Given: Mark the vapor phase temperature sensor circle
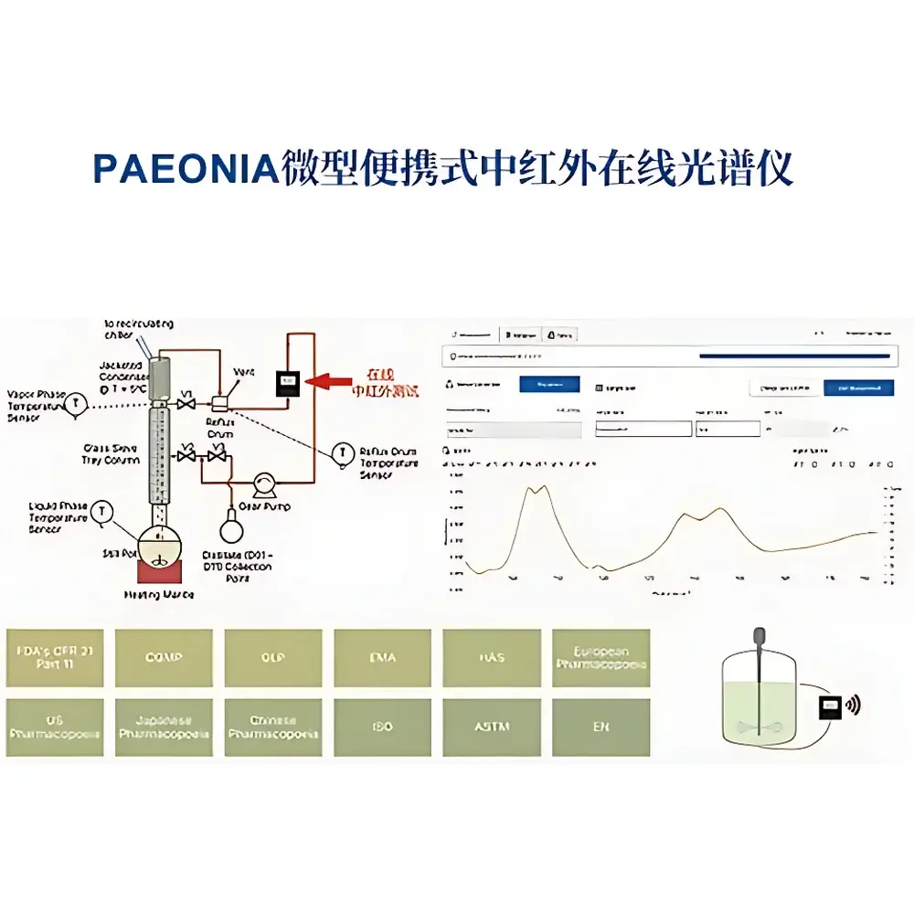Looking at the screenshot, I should pos(79,401).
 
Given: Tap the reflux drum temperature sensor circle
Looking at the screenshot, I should pos(344,452).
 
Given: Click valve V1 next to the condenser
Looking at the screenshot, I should pos(186,403).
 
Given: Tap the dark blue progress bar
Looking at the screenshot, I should pos(793,356).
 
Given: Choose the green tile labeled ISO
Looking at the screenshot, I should pos(382,728).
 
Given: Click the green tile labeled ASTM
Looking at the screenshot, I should pos(491,728).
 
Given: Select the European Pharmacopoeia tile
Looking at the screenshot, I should pos(600,658).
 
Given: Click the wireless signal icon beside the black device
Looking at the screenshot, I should pos(853,705).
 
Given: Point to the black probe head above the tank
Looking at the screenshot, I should pos(759,634).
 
